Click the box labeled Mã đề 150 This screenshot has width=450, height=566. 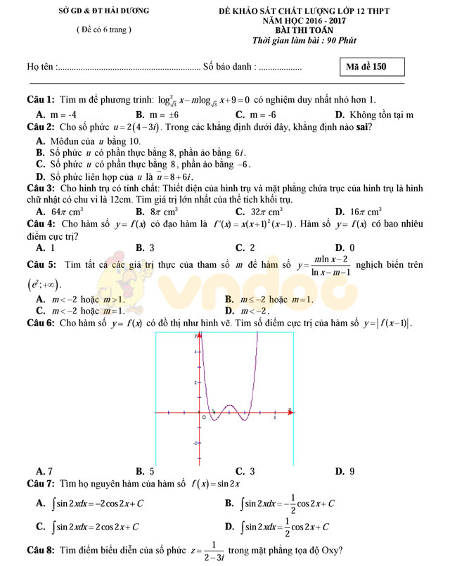pos(372,67)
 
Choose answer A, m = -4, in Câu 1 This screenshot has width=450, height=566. pos(56,115)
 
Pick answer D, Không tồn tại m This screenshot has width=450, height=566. pos(373,115)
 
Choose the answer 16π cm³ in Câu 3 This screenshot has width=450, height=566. pos(363,211)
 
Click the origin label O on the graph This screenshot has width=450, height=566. pos(204,417)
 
